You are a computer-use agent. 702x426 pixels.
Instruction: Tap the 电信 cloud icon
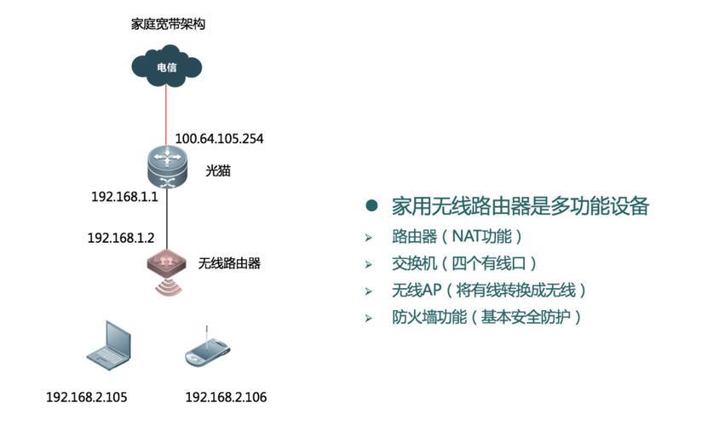(x=166, y=64)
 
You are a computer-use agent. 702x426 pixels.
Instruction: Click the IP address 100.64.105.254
(x=219, y=138)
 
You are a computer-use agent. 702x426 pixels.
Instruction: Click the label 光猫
(x=218, y=170)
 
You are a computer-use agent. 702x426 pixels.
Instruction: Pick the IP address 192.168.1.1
(x=124, y=197)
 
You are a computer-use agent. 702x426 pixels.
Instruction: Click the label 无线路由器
(x=229, y=263)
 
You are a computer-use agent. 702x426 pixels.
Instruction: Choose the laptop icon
(x=109, y=345)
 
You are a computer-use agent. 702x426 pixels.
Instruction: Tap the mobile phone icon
(x=205, y=350)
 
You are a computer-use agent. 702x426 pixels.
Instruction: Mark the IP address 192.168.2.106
(x=226, y=397)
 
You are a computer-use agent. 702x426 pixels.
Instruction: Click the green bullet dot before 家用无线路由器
(x=371, y=206)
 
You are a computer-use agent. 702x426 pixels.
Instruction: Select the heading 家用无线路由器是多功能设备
(x=520, y=206)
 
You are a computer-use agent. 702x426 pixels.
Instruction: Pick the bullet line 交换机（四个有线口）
(x=464, y=263)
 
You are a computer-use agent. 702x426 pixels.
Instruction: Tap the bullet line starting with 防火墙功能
(x=486, y=317)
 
